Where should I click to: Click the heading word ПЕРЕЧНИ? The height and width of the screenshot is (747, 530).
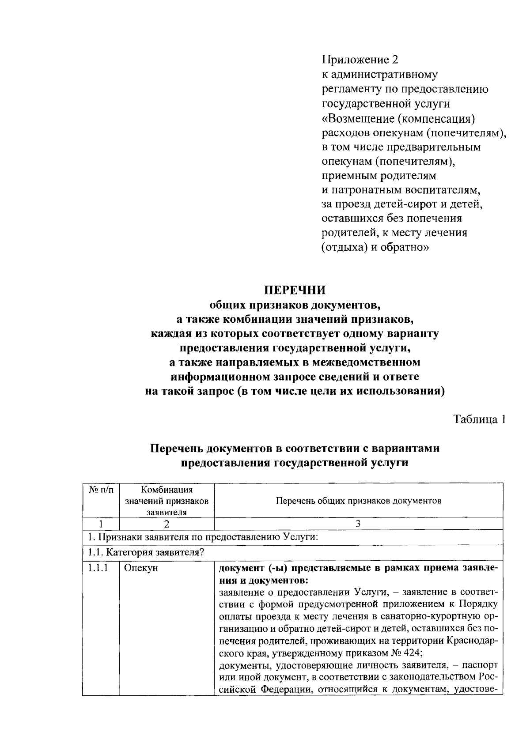295,290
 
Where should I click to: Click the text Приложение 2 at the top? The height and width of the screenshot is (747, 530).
360,60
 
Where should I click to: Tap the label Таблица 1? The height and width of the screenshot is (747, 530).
479,419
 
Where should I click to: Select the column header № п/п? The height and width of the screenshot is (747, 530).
101,490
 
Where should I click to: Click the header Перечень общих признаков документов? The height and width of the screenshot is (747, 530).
358,501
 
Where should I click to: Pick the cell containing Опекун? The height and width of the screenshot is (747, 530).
140,568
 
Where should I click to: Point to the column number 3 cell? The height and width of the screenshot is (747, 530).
358,524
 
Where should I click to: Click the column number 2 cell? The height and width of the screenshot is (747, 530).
167,524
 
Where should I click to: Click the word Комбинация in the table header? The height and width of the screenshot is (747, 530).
167,490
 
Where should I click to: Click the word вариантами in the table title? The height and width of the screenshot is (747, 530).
407,449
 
